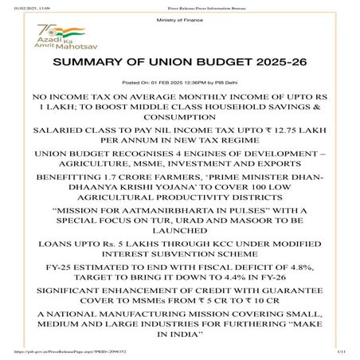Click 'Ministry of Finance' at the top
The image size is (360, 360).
[x=179, y=18]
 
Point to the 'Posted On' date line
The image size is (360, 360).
[x=180, y=82]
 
